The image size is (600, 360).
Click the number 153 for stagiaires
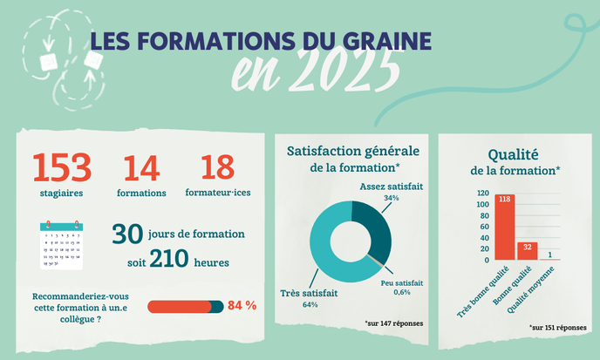coord(62,167)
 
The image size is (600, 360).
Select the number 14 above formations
coord(141,168)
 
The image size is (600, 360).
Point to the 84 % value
coord(242,306)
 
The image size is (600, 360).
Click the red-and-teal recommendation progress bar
coord(186,306)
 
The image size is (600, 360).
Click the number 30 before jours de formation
coord(127,234)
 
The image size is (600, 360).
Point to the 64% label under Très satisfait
coord(309,305)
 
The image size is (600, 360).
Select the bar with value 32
coord(526,251)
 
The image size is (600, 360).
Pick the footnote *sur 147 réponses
coord(394,323)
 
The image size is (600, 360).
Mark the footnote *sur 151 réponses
coord(557,327)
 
